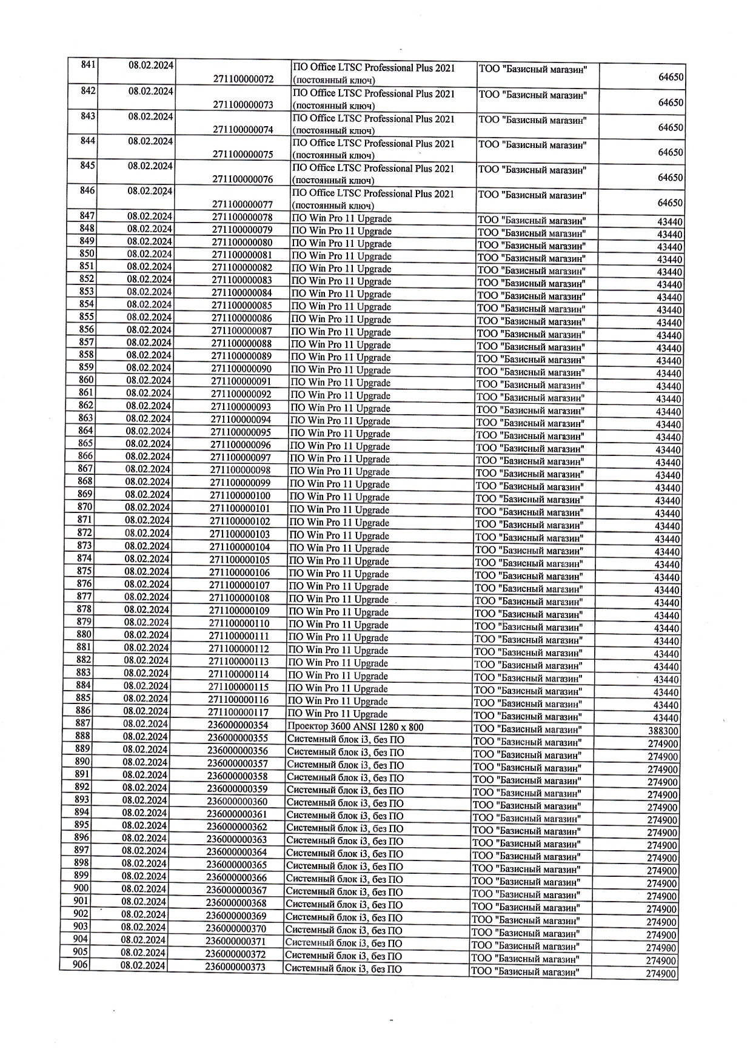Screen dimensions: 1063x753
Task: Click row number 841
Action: (88, 65)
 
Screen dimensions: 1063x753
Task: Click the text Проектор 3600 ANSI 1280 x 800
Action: (355, 727)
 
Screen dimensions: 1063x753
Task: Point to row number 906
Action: (81, 965)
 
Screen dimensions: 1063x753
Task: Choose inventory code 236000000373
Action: (235, 967)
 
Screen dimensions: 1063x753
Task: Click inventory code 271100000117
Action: (239, 712)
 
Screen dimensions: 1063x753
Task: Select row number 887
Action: (83, 723)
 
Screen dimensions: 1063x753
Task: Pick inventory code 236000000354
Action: (238, 725)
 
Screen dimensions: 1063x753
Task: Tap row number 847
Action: (87, 216)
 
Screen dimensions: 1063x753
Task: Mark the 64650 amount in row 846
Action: (671, 203)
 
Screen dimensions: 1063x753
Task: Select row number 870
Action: (85, 507)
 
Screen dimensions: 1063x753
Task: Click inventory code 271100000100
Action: (240, 496)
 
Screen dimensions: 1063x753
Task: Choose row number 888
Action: (83, 736)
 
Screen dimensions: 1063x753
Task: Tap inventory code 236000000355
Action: (237, 738)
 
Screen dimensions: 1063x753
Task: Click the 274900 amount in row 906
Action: (661, 974)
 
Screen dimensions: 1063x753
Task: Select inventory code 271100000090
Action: (241, 369)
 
